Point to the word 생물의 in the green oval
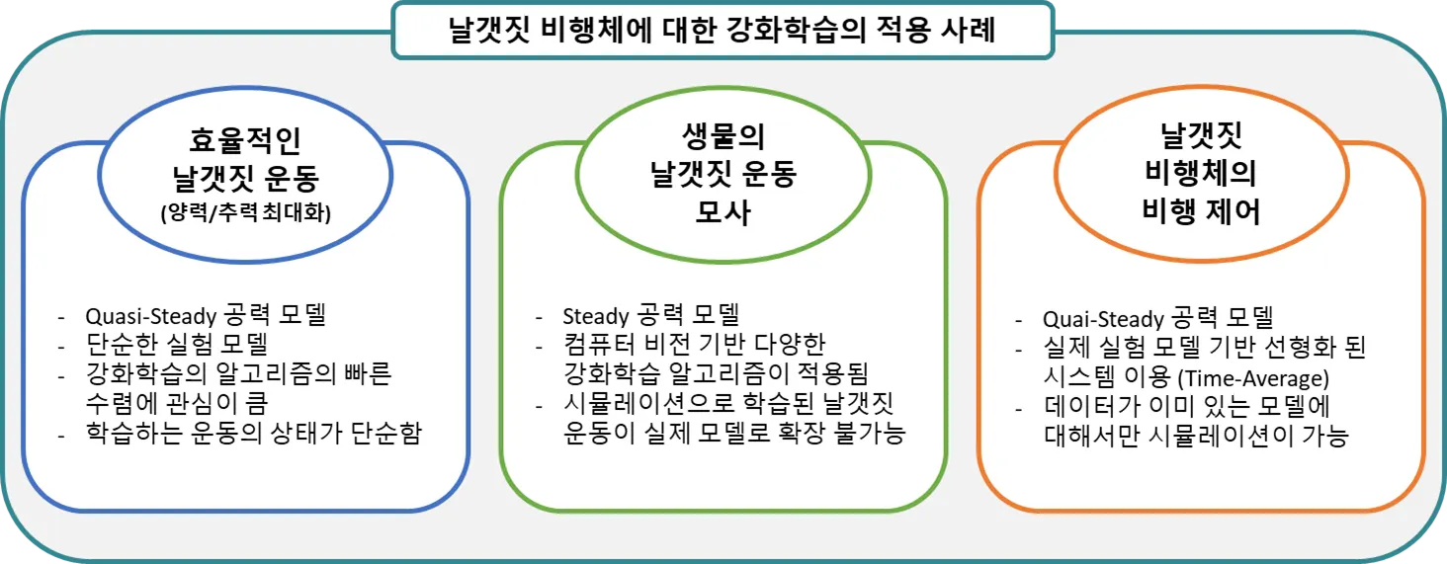pyautogui.click(x=723, y=136)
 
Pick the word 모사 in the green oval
pyautogui.click(x=723, y=212)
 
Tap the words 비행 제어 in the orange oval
pyautogui.click(x=1200, y=210)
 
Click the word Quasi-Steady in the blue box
pyautogui.click(x=150, y=317)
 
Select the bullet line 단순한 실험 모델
pyautogui.click(x=178, y=346)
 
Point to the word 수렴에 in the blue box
pyautogui.click(x=119, y=403)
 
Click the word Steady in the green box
pyautogui.click(x=596, y=317)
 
